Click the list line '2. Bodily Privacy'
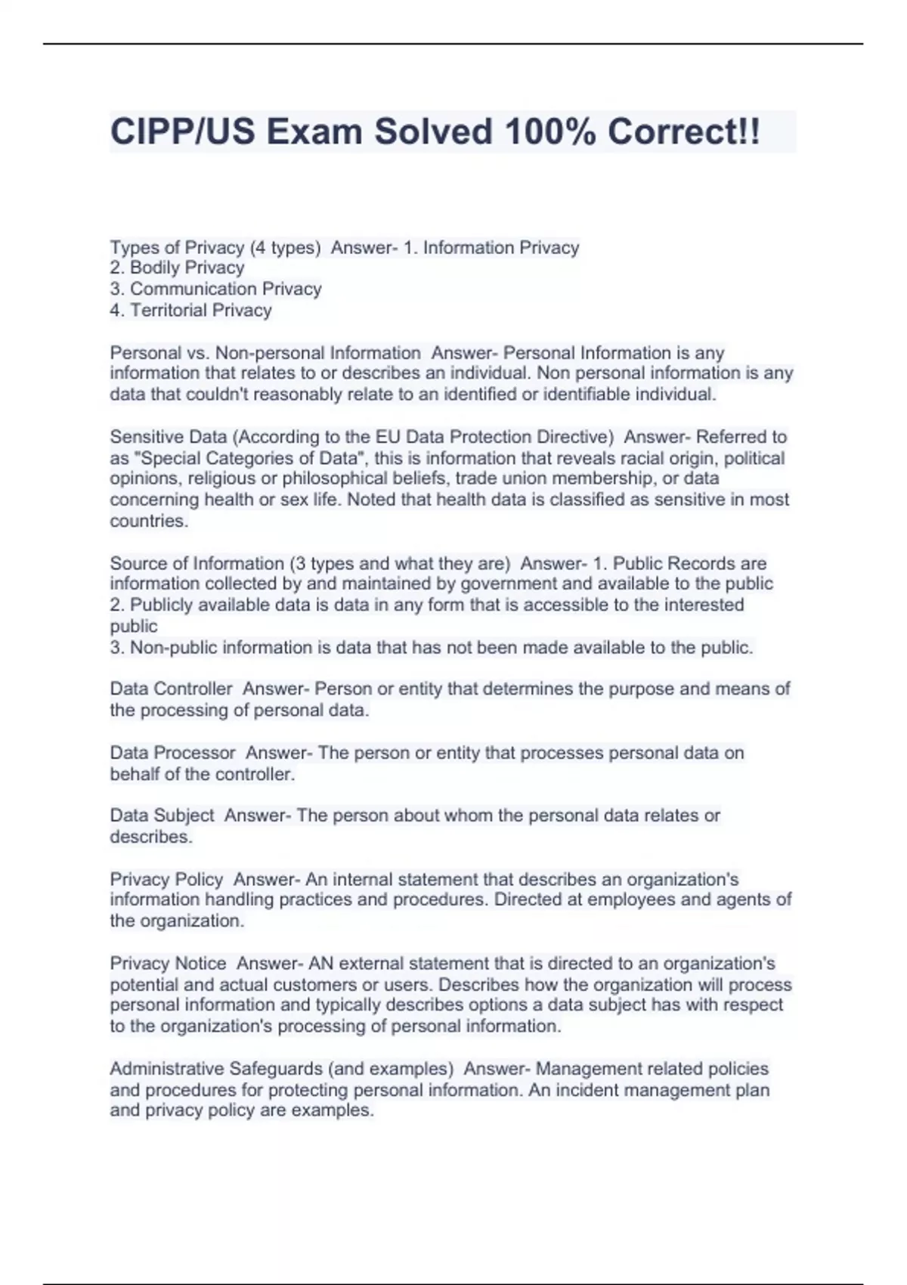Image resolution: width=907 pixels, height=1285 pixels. [x=177, y=268]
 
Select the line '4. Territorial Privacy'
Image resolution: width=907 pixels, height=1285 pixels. [x=190, y=310]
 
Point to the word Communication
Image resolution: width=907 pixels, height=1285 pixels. [x=183, y=289]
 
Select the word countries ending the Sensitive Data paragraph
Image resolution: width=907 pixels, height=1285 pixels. [x=148, y=521]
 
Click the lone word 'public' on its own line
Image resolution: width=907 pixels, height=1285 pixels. [x=134, y=626]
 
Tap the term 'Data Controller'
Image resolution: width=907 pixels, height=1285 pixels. [x=171, y=689]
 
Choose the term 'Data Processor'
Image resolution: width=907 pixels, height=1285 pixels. [x=172, y=753]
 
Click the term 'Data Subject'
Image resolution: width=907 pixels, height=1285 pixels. [x=162, y=816]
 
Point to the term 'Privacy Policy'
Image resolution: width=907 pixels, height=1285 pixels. [x=166, y=879]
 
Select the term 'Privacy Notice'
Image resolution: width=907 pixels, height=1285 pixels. [x=168, y=963]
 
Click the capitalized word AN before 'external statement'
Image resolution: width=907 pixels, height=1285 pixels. [x=320, y=963]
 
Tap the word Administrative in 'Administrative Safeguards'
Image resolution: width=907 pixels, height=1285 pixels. [x=166, y=1069]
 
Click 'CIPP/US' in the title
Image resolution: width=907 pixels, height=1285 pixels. [x=182, y=132]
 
